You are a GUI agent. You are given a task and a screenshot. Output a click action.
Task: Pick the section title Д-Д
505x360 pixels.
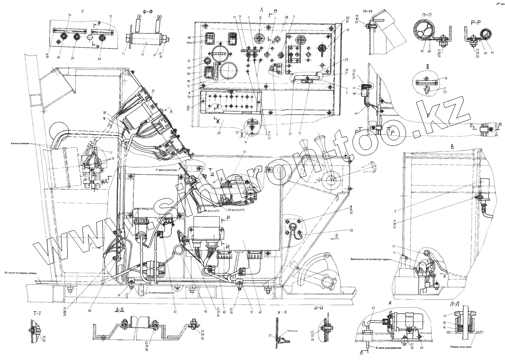click(x=120, y=310)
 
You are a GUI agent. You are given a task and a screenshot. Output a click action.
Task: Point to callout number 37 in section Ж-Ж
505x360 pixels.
click(x=270, y=335)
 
